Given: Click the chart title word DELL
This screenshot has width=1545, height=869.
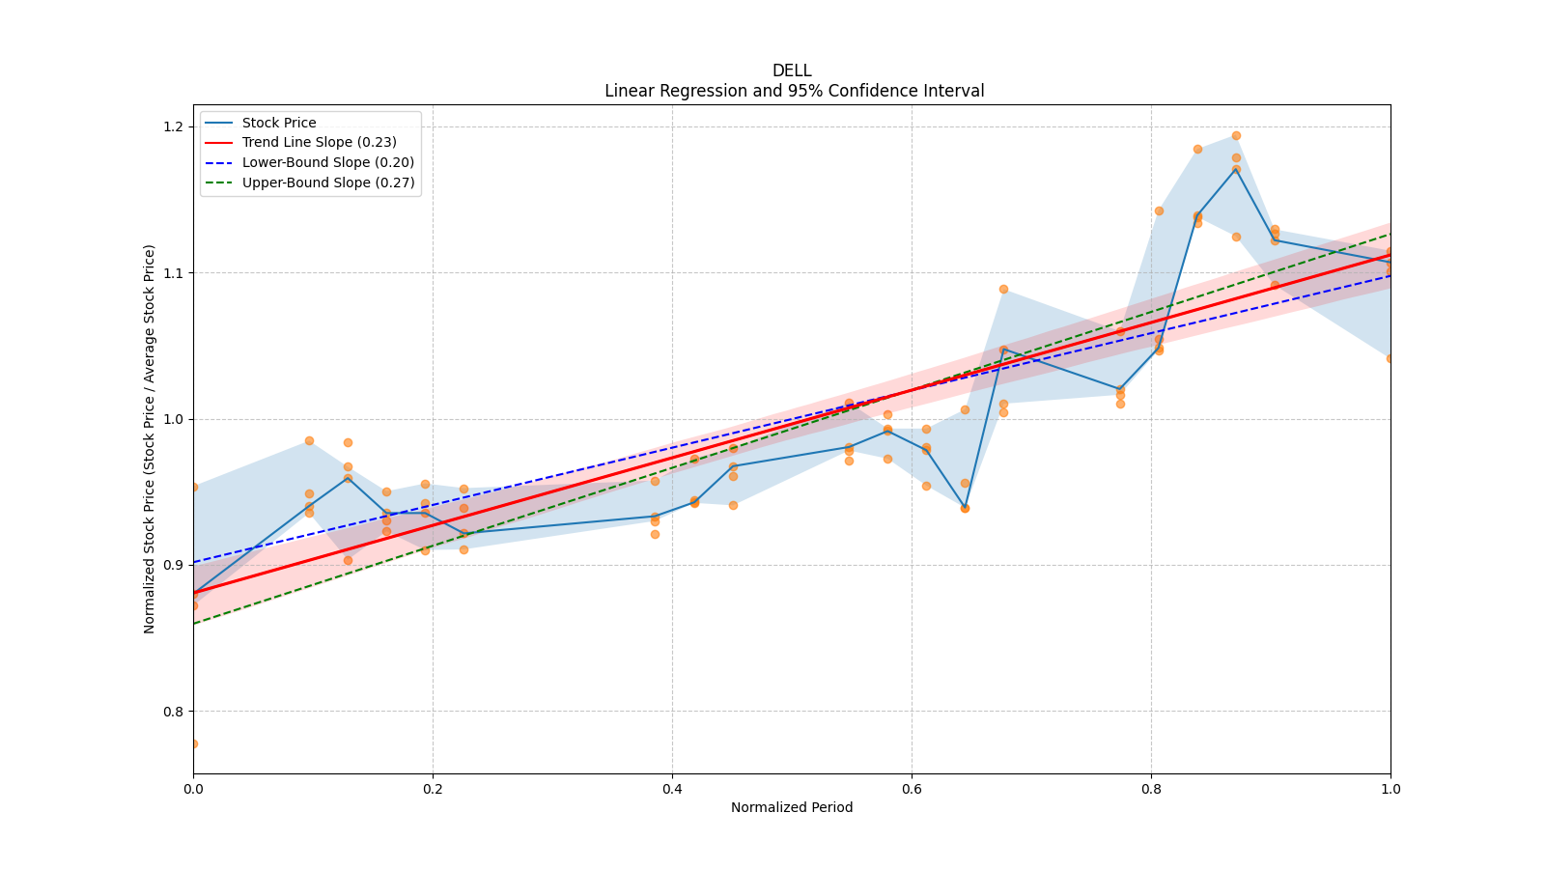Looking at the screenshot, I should click(792, 70).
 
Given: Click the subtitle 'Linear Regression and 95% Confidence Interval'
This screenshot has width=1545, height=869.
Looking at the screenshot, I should click(794, 91).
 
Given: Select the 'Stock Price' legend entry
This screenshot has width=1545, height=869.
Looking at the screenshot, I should click(278, 123).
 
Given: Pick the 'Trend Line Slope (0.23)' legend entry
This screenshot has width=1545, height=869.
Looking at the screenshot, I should click(319, 143).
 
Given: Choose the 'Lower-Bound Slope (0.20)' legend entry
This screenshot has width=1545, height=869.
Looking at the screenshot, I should click(327, 162).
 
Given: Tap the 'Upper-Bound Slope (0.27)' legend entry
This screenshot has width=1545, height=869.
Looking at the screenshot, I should click(327, 182).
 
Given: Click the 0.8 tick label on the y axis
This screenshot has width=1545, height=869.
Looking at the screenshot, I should click(175, 712).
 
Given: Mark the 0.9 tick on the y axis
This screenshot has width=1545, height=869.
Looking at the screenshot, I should click(175, 565).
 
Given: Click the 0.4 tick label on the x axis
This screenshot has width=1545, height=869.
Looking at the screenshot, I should click(672, 789).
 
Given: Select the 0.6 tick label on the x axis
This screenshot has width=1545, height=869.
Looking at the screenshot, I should click(912, 789).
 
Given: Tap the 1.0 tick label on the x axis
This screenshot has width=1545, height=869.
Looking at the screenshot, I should click(1390, 789).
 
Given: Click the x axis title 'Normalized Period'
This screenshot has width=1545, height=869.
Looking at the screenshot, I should click(792, 807).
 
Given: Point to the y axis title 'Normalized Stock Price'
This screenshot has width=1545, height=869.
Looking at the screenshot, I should click(150, 438).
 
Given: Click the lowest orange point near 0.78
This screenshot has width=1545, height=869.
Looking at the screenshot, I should click(193, 743).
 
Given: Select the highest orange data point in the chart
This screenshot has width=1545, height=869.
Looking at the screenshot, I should click(1236, 135).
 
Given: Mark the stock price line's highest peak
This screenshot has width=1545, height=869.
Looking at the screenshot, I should click(1236, 168).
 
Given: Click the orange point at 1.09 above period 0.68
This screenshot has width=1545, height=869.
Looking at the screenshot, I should click(1003, 289).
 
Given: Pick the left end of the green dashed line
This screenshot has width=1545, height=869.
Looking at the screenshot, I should click(194, 623).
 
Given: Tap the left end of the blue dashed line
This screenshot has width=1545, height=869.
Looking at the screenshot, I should click(194, 562).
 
